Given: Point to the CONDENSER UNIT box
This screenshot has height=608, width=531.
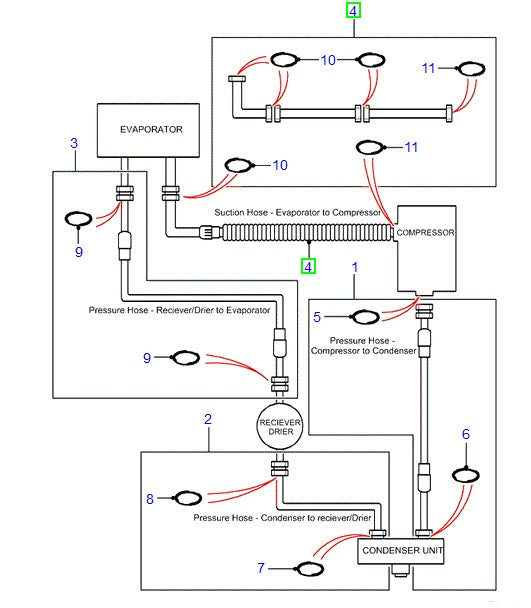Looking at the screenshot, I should [401, 550].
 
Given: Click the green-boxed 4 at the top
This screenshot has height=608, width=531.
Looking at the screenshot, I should [354, 11].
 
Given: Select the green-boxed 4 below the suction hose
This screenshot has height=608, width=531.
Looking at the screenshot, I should [309, 266].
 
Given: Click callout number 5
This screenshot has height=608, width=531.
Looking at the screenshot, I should [318, 317].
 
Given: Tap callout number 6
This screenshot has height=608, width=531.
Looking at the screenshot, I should [465, 434].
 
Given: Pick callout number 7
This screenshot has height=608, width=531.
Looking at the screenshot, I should [261, 568].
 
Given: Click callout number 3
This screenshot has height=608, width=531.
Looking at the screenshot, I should [73, 144].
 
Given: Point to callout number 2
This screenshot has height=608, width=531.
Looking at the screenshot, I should [208, 419].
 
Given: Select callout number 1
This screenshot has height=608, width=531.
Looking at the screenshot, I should [355, 267].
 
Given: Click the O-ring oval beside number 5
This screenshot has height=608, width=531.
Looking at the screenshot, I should [366, 318].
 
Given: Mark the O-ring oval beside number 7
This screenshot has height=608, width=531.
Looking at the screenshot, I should [311, 568].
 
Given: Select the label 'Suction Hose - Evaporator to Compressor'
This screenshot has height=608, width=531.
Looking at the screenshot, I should [297, 213].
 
